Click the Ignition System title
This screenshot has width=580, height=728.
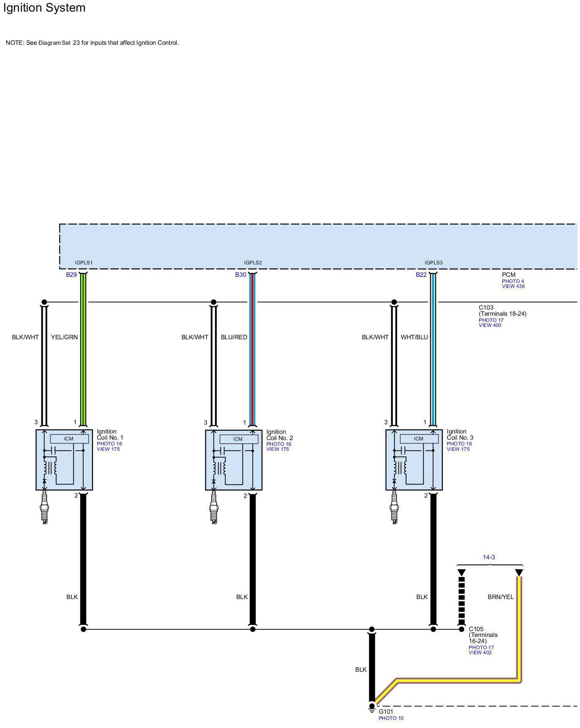[44, 8]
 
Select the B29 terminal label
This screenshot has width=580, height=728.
[71, 275]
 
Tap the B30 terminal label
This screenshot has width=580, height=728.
[241, 275]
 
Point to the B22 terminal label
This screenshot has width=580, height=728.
[421, 275]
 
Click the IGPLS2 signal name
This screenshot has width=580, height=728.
[253, 263]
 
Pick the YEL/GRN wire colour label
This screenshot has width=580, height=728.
[64, 337]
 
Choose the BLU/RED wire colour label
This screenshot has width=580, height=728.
[234, 337]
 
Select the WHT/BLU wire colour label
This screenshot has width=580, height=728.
[414, 337]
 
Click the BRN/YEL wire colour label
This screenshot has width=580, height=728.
[500, 597]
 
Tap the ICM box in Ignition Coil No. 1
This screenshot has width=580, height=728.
[69, 439]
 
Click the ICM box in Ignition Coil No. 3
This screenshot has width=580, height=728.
[419, 439]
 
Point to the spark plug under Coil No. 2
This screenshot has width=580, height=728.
[214, 510]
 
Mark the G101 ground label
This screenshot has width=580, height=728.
[386, 712]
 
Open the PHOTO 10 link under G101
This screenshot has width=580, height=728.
[391, 718]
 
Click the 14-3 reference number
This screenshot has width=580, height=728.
[488, 557]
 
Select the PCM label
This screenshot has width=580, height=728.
[509, 275]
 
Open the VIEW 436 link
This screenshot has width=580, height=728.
[513, 286]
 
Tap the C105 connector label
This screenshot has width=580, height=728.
[476, 629]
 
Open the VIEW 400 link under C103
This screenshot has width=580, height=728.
[490, 325]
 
